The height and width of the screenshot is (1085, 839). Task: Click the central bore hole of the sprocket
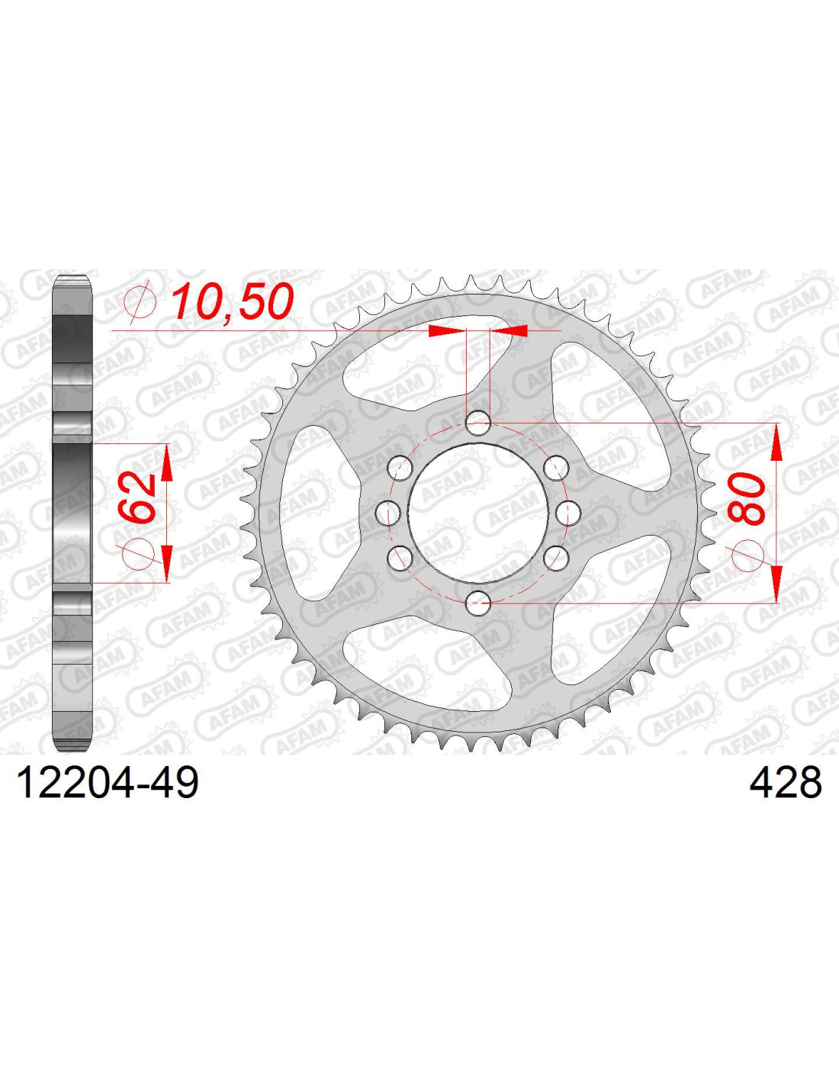pyautogui.click(x=478, y=514)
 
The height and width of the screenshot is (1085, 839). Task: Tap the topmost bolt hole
pyautogui.click(x=478, y=423)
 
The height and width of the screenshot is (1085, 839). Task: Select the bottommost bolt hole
pyautogui.click(x=478, y=604)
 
